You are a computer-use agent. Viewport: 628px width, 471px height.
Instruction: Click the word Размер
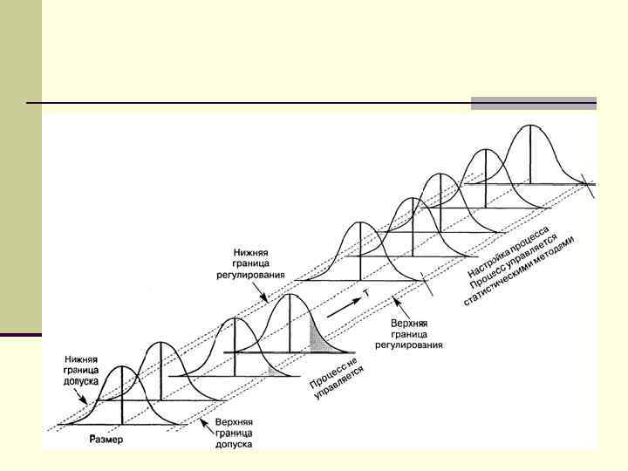click(106, 439)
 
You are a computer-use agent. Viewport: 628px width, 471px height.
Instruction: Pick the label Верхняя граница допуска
click(234, 433)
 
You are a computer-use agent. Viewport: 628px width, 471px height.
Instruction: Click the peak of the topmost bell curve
click(531, 126)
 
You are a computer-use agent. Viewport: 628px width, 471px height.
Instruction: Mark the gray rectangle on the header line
click(533, 103)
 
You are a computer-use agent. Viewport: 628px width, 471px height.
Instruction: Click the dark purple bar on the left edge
click(21, 335)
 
